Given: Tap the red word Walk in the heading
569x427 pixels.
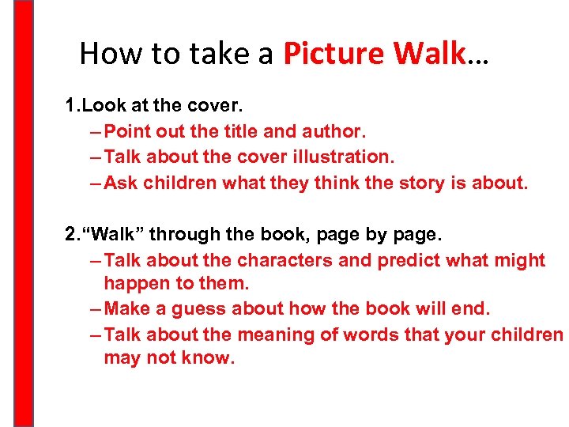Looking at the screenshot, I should pos(430,53).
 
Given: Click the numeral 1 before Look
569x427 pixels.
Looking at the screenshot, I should pos(70,104).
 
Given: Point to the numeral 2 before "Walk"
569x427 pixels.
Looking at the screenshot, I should pos(70,234).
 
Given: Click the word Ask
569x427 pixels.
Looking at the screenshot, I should pos(120,183).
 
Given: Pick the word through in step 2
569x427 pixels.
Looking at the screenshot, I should pos(183,234).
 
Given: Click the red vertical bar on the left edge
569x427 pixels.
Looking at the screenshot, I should pos(24,213).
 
